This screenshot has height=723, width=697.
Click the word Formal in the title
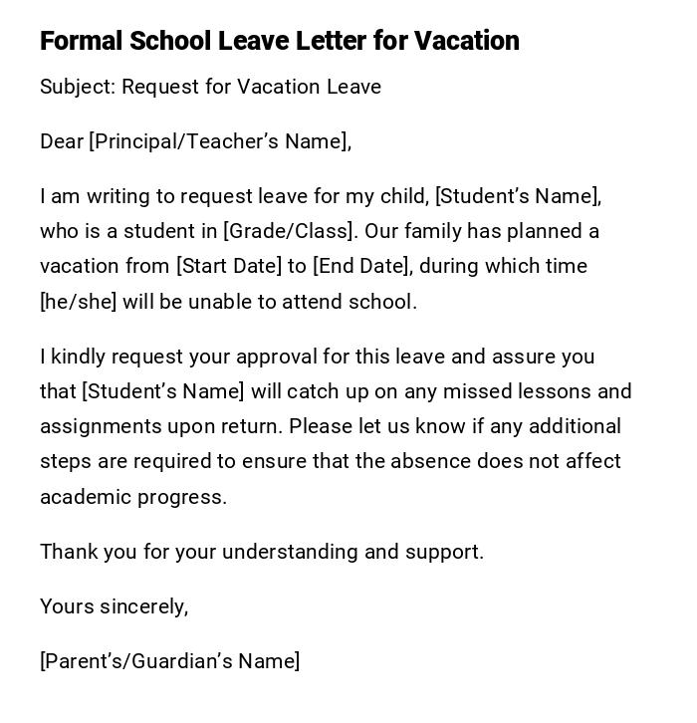tap(81, 41)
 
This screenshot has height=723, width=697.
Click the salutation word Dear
tap(62, 141)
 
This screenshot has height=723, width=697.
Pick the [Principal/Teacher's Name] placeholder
tap(220, 141)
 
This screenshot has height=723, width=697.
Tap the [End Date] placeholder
tap(361, 266)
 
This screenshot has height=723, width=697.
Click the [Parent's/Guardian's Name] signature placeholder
tap(170, 661)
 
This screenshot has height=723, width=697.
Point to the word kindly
tap(79, 357)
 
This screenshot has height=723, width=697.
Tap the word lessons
tap(558, 391)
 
